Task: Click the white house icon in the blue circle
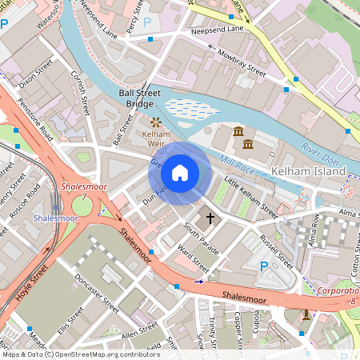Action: (x=180, y=173)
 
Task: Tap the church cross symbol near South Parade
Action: (x=210, y=218)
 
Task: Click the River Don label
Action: (x=322, y=150)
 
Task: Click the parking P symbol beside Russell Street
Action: (x=263, y=266)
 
